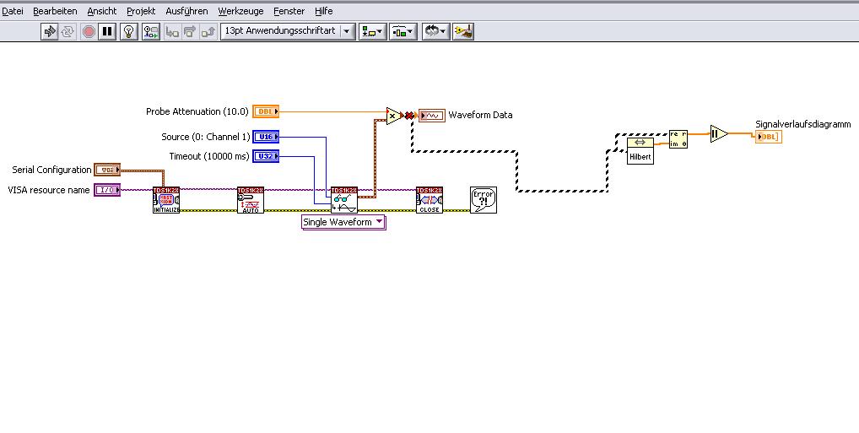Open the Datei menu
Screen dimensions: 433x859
pos(13,12)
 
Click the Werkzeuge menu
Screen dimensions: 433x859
pos(240,12)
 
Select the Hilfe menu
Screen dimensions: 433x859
pos(324,12)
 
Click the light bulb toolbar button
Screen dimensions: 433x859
pos(128,31)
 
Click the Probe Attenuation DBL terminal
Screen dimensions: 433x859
pos(265,111)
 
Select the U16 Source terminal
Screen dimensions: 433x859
pos(265,137)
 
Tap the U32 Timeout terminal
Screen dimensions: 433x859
pos(265,156)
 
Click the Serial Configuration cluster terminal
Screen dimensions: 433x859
pos(106,170)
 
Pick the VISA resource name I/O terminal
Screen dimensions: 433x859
pos(106,190)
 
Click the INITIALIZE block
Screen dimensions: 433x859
pos(166,200)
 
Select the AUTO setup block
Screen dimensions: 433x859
pos(251,200)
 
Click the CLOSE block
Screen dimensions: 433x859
pos(429,200)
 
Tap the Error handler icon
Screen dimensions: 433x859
pos(484,200)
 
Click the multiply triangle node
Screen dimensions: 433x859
pos(393,116)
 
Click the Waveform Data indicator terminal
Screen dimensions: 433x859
pos(432,116)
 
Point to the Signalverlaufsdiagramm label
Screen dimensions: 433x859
pos(802,124)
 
